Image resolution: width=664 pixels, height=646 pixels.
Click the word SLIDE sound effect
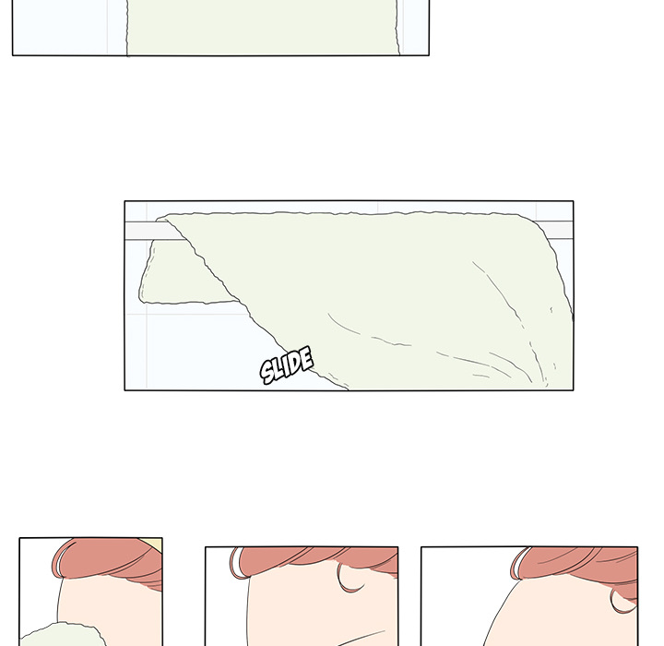287,365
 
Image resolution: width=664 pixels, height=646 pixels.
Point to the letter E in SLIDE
307,357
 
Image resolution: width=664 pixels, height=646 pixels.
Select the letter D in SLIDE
297,362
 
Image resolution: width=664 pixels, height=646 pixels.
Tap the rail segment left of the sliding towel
152,230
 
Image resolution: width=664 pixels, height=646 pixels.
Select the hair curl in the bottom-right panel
622,602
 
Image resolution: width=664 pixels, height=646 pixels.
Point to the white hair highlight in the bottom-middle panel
238,563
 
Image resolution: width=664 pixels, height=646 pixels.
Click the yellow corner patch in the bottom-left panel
153,544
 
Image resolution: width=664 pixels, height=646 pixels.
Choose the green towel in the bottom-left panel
63,635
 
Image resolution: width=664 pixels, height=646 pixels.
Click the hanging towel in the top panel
263,27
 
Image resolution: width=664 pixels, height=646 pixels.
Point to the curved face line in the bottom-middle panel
361,638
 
